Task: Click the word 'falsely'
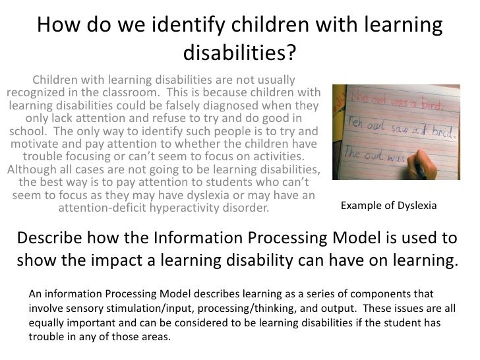click(180, 105)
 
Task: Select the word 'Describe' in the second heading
click(52, 239)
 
